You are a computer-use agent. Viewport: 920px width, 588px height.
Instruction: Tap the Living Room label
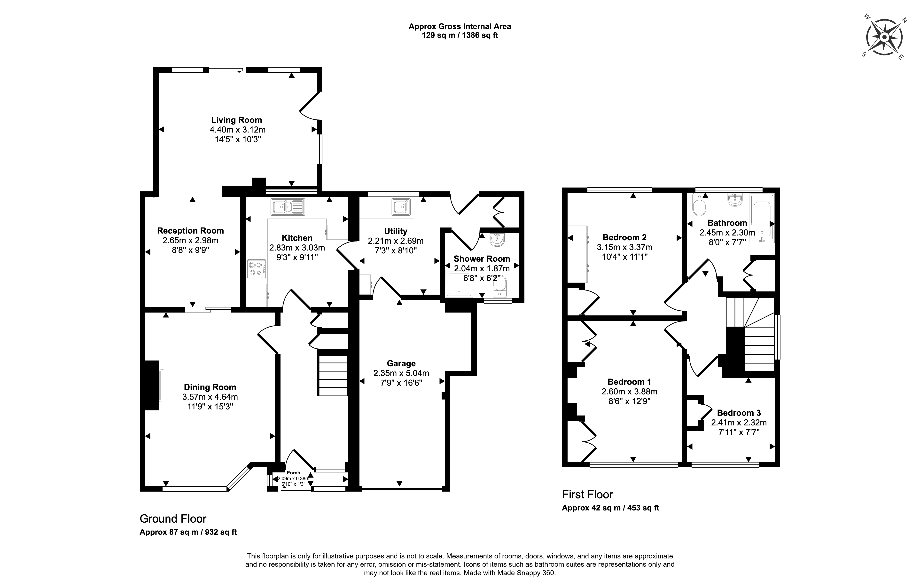[x=236, y=120]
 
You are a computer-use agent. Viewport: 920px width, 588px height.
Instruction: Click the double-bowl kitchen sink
[x=288, y=207]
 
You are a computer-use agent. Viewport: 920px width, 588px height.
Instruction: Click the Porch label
[x=293, y=473]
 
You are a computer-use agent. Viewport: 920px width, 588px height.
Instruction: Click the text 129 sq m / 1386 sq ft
[x=460, y=36]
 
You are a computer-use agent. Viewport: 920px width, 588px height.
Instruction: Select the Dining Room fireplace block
[x=152, y=385]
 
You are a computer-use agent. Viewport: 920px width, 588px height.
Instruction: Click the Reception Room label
[x=190, y=231]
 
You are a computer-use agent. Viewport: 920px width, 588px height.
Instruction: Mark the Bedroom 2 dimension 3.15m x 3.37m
[x=625, y=247]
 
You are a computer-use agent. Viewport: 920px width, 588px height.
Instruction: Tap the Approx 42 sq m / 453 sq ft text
[x=610, y=508]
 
